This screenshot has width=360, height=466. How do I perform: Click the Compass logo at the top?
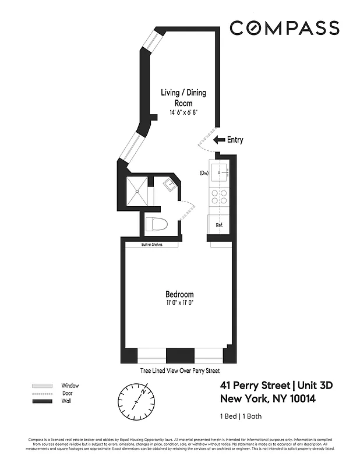(x=284, y=28)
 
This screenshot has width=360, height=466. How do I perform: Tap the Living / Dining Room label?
(x=183, y=97)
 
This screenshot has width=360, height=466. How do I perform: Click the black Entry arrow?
(x=219, y=140)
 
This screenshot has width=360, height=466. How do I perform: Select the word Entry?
(x=235, y=140)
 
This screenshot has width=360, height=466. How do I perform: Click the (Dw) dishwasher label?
(x=204, y=173)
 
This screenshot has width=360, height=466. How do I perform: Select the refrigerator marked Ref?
(x=219, y=225)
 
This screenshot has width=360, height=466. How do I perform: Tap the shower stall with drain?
(x=136, y=191)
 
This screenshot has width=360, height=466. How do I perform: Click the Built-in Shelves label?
(x=151, y=245)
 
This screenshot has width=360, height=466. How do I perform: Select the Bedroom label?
(x=179, y=294)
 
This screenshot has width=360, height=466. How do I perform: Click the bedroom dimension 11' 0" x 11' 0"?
(x=179, y=303)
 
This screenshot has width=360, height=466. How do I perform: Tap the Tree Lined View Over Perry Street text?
(x=179, y=370)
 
